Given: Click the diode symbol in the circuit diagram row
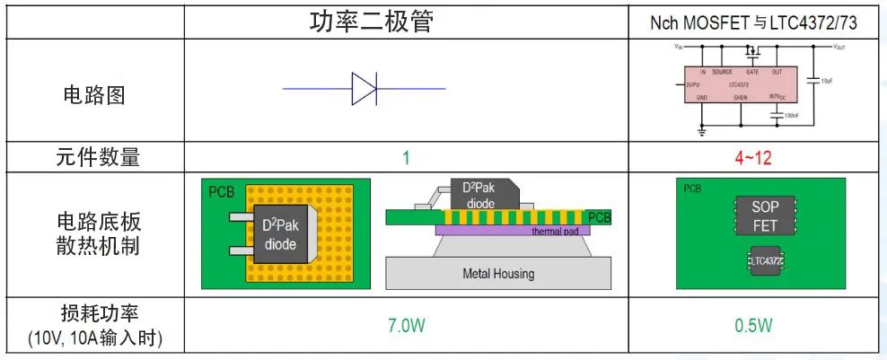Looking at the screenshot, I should pyautogui.click(x=364, y=89).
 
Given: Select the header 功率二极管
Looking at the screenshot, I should pyautogui.click(x=372, y=22).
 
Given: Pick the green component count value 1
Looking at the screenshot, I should pyautogui.click(x=406, y=159).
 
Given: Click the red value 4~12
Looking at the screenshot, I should pyautogui.click(x=752, y=159).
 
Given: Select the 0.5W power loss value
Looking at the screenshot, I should pyautogui.click(x=752, y=326).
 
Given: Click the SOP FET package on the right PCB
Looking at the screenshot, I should pyautogui.click(x=765, y=216).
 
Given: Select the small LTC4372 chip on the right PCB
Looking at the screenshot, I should pyautogui.click(x=765, y=261).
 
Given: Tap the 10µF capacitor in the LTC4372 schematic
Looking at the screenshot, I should pyautogui.click(x=814, y=79).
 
